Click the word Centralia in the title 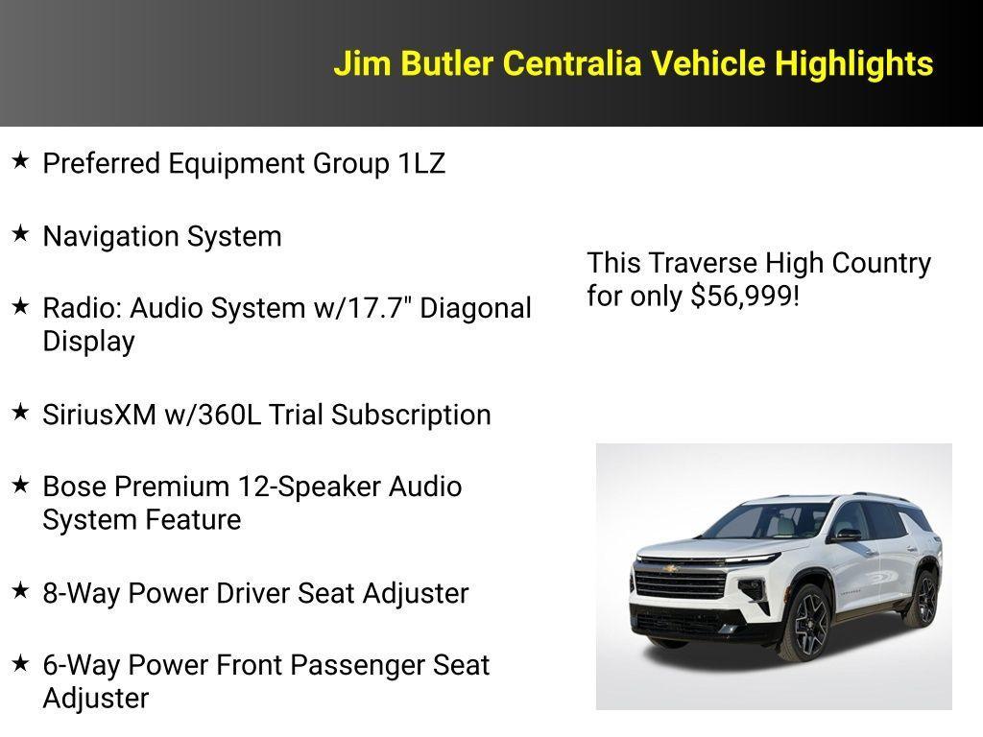click(x=572, y=64)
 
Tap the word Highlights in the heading click(x=853, y=64)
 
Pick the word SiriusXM click(x=102, y=415)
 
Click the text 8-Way click(x=82, y=593)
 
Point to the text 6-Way click(x=82, y=665)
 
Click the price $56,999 click(x=741, y=296)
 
